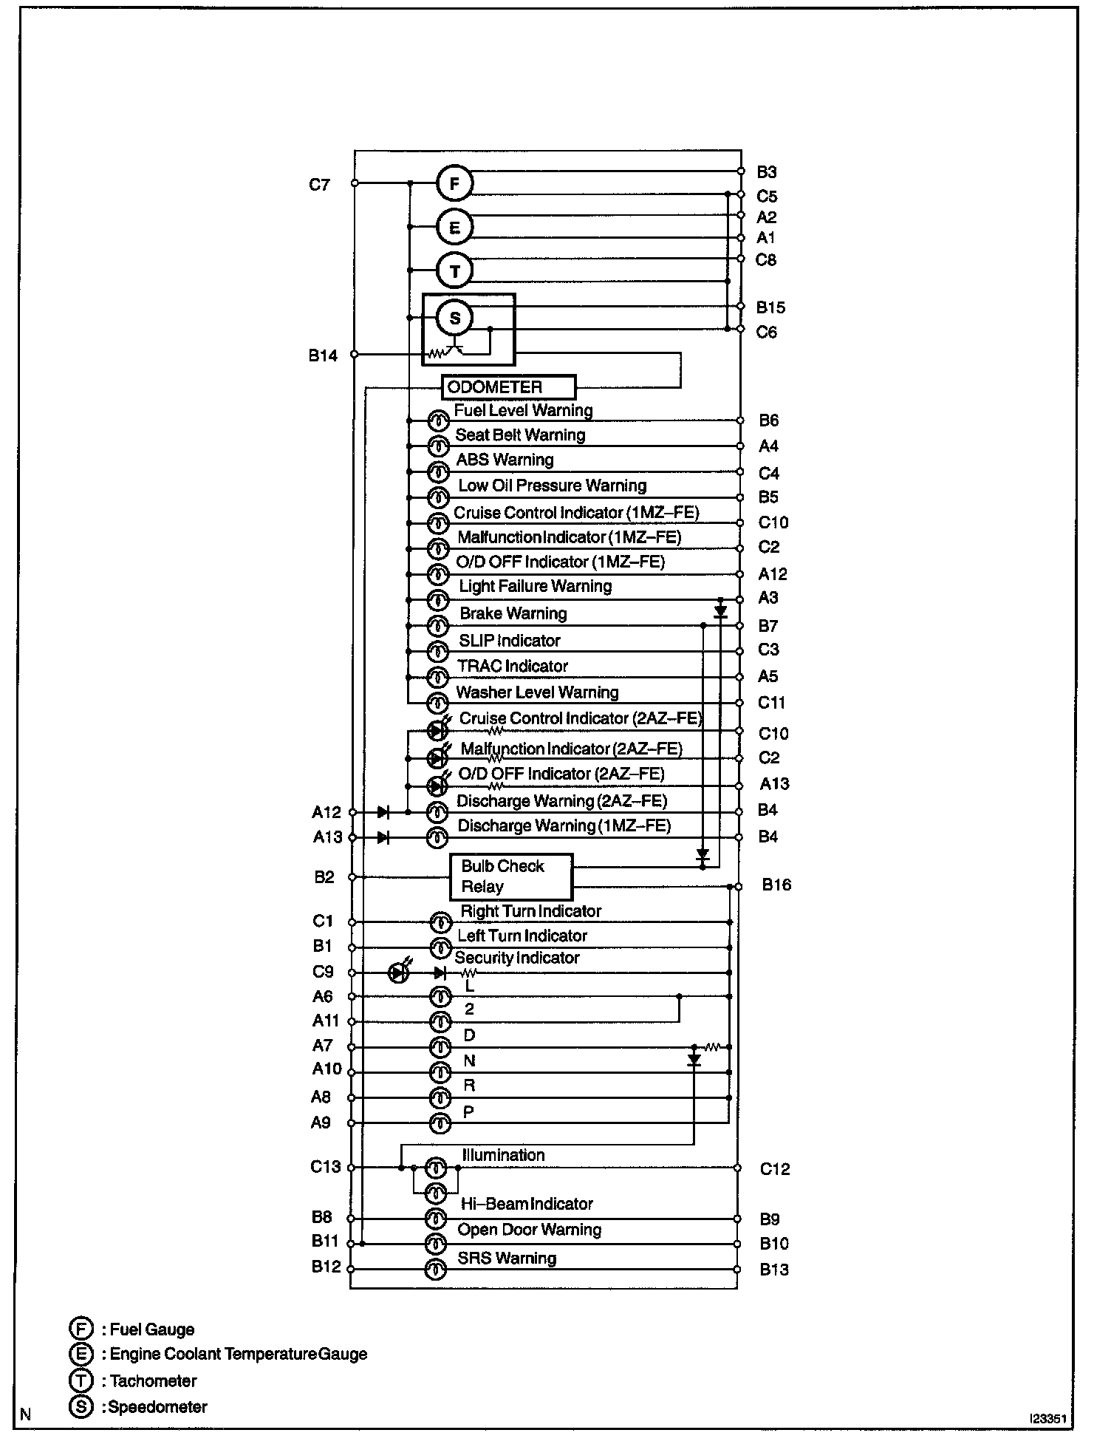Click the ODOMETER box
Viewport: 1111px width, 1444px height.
pyautogui.click(x=508, y=387)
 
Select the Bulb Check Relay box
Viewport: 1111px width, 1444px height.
pyautogui.click(x=511, y=876)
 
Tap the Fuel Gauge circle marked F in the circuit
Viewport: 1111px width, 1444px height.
pyautogui.click(x=454, y=183)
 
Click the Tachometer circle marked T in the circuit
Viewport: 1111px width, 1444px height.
pyautogui.click(x=454, y=270)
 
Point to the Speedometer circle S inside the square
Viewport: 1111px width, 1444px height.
pyautogui.click(x=454, y=318)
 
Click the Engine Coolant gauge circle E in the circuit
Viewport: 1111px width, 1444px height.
pyautogui.click(x=454, y=227)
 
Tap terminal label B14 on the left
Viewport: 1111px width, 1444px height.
pyautogui.click(x=323, y=355)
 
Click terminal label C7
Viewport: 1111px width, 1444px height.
pyautogui.click(x=319, y=185)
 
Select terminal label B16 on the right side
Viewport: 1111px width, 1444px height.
pyautogui.click(x=776, y=885)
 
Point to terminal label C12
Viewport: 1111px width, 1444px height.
pyautogui.click(x=775, y=1169)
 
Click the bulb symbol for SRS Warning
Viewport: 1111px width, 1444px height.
pyautogui.click(x=437, y=1270)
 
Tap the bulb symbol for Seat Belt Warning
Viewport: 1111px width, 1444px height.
pyautogui.click(x=439, y=446)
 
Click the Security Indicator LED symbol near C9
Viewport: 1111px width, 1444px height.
pyautogui.click(x=398, y=973)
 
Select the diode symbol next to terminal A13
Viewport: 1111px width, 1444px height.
pyautogui.click(x=383, y=837)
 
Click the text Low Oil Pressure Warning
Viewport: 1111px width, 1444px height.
pyautogui.click(x=552, y=486)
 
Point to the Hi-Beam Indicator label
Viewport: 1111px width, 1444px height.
pyautogui.click(x=527, y=1204)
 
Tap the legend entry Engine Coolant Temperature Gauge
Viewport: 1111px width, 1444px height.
pyautogui.click(x=238, y=1354)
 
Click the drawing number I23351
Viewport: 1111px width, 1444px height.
pyautogui.click(x=1048, y=1419)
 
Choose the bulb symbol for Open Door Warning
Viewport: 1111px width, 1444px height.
pyautogui.click(x=437, y=1244)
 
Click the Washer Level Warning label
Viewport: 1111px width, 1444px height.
pyautogui.click(x=537, y=692)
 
